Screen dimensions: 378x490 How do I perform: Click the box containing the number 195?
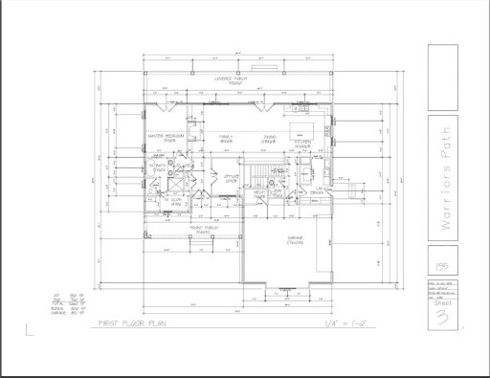439,259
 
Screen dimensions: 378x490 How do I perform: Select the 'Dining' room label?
273,139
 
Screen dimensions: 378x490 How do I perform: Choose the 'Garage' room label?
294,239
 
